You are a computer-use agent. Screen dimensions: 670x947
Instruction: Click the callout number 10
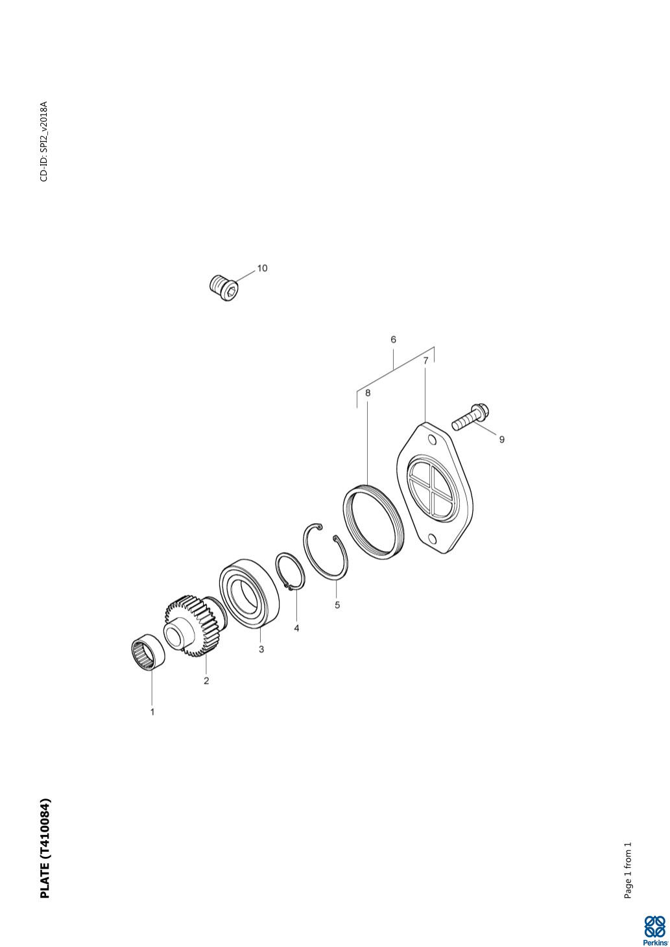[262, 268]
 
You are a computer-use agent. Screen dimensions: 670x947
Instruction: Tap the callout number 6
[393, 340]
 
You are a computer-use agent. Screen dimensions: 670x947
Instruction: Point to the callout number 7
[426, 360]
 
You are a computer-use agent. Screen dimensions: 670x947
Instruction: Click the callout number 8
[368, 393]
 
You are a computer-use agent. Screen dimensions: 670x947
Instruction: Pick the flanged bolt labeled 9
[470, 416]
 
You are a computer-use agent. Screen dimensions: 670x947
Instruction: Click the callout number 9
[501, 439]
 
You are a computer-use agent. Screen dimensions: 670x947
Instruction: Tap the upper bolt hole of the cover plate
[431, 441]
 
